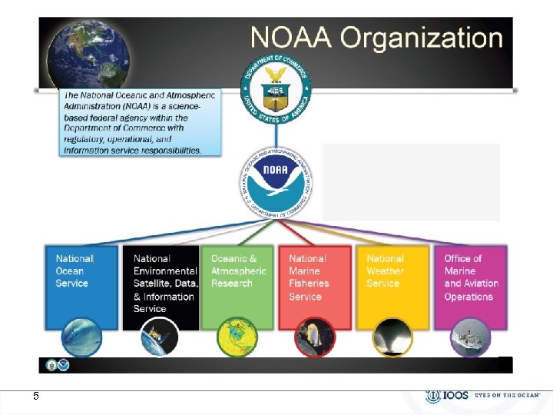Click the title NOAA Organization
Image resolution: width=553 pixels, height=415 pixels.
click(376, 38)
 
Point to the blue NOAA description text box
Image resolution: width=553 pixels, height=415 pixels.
click(141, 121)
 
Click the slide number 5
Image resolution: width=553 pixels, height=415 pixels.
click(35, 396)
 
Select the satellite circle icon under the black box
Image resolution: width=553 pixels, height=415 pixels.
click(160, 337)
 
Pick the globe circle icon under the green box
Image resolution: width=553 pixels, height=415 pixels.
click(237, 337)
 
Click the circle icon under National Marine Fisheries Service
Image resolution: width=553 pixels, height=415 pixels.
click(315, 337)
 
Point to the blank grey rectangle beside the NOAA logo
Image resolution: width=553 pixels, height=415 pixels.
click(411, 181)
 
